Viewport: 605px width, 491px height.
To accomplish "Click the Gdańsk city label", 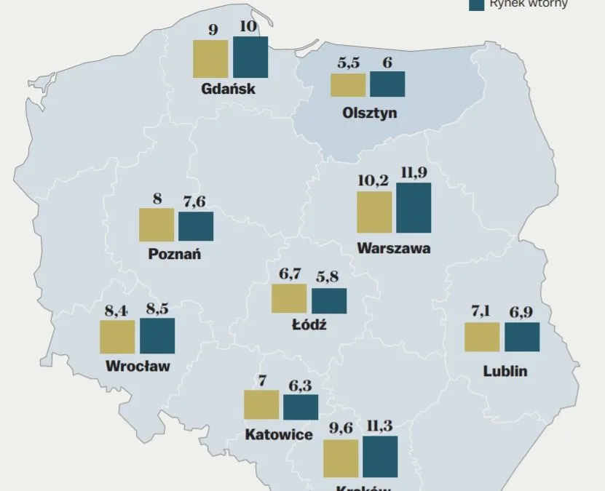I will pyautogui.click(x=229, y=90).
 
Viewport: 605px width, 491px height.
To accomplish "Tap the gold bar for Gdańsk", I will pyautogui.click(x=211, y=59).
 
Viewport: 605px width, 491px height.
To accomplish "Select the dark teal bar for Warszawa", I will pyautogui.click(x=414, y=208).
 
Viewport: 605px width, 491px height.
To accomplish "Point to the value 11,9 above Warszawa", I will pyautogui.click(x=414, y=173).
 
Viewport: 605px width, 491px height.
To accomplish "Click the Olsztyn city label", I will pyautogui.click(x=369, y=113).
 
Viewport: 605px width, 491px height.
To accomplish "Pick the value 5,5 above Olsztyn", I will pyautogui.click(x=348, y=63).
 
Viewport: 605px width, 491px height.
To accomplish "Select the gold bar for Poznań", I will pyautogui.click(x=157, y=225).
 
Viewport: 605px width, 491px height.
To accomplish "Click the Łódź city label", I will pyautogui.click(x=309, y=325).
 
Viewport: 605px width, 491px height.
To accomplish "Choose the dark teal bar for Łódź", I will pyautogui.click(x=329, y=301).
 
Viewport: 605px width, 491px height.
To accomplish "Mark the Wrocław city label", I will pyautogui.click(x=138, y=365).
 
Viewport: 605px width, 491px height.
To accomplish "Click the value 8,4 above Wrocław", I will pyautogui.click(x=116, y=311).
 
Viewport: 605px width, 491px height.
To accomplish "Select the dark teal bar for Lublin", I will pyautogui.click(x=522, y=337).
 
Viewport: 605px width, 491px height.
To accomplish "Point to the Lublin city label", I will pyautogui.click(x=505, y=372).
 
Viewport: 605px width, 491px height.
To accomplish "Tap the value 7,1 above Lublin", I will pyautogui.click(x=481, y=312).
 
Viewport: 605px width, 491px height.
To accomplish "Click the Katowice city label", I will pyautogui.click(x=280, y=434).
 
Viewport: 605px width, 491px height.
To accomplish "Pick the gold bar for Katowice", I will pyautogui.click(x=261, y=405).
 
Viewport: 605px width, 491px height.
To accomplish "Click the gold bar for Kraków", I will pyautogui.click(x=341, y=458).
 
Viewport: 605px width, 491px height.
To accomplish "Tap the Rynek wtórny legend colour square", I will pyautogui.click(x=477, y=4).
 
